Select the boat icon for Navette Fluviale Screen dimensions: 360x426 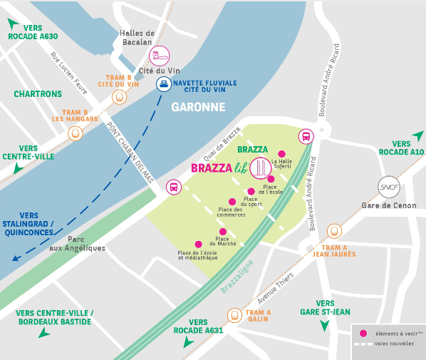(163, 85)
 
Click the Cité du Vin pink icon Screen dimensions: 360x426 (160, 56)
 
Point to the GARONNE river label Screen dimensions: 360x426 (198, 108)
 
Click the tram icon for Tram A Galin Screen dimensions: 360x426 (234, 314)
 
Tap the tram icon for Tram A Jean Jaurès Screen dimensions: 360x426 (334, 231)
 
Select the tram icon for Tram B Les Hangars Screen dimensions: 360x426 (74, 133)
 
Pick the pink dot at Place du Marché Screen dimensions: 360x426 (223, 232)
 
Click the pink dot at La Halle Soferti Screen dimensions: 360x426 (281, 153)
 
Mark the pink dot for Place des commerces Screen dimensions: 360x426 (231, 202)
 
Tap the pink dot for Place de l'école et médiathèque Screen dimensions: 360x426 (198, 244)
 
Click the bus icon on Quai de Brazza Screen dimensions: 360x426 (172, 187)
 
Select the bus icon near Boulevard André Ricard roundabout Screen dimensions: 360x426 (306, 137)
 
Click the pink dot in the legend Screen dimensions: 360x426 (364, 333)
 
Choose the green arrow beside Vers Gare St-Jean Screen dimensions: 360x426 (325, 326)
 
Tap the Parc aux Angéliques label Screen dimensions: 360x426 (86, 244)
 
